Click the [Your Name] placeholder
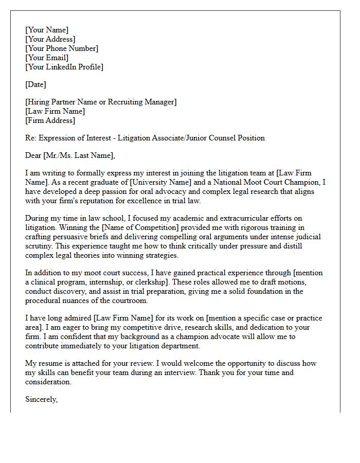tap(47, 30)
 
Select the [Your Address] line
tap(50, 39)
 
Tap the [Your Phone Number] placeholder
tap(62, 48)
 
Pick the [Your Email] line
tap(47, 58)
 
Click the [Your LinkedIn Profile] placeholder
tap(64, 67)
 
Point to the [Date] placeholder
tap(35, 84)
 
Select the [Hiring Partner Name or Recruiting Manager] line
tap(101, 102)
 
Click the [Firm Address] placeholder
tap(50, 120)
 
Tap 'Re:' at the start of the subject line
tap(31, 138)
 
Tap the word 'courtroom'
tap(130, 300)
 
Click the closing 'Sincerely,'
tap(42, 399)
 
